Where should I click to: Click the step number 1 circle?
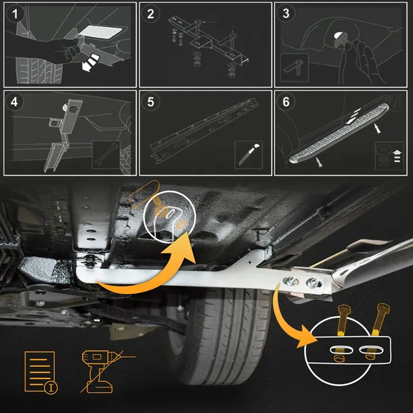click(x=15, y=14)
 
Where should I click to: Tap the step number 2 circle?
click(x=150, y=14)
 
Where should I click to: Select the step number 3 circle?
click(x=286, y=14)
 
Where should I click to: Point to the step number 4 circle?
click(x=15, y=102)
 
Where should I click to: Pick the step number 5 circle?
click(x=150, y=102)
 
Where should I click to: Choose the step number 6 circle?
click(x=286, y=102)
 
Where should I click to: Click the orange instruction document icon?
click(x=41, y=372)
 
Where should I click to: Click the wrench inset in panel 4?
click(x=106, y=154)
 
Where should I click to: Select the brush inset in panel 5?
click(x=248, y=154)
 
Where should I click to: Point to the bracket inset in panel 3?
click(x=295, y=68)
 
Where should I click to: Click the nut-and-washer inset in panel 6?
click(x=389, y=156)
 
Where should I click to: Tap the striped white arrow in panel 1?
click(x=90, y=62)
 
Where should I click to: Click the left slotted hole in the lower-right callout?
click(x=341, y=350)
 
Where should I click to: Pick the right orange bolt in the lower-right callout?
click(x=377, y=331)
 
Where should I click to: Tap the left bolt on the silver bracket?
click(x=290, y=281)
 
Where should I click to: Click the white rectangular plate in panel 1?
click(x=100, y=32)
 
